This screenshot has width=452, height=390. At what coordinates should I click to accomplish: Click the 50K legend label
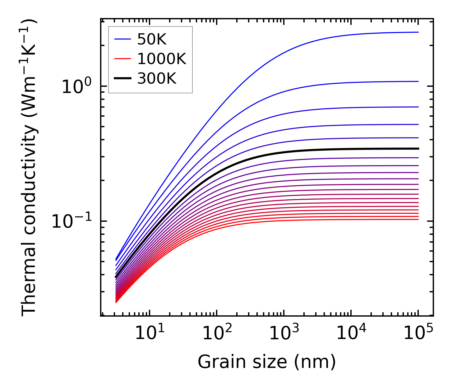tap(152, 39)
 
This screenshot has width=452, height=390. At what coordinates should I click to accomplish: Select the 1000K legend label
tap(162, 59)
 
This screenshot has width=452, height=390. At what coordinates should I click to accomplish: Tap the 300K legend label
tap(157, 79)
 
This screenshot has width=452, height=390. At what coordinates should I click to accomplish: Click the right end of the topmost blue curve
tap(418, 32)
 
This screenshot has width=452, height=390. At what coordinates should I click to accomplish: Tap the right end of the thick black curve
tap(418, 149)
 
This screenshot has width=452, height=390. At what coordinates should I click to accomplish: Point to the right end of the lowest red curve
tap(418, 220)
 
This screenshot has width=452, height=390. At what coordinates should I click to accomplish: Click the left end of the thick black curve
tap(116, 277)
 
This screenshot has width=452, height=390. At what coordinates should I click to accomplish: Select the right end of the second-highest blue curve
tap(418, 81)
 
